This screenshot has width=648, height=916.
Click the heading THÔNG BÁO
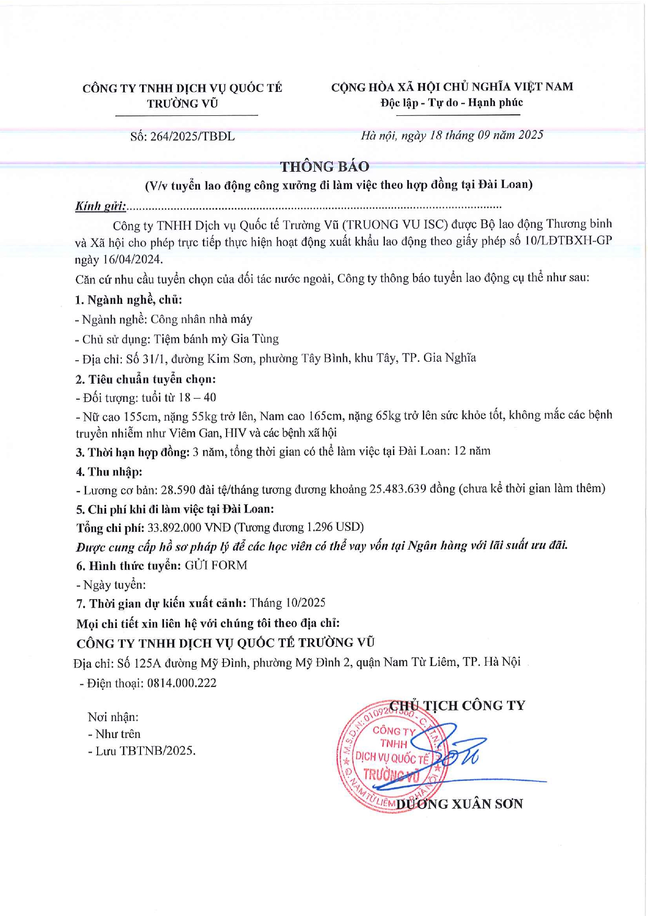(324, 166)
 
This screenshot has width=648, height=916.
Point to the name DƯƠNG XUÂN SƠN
(460, 804)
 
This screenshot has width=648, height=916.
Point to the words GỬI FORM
(216, 565)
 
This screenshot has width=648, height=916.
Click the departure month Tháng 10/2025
(288, 603)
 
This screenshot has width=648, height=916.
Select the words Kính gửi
(100, 206)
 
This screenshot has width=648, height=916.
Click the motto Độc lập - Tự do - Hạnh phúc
(452, 103)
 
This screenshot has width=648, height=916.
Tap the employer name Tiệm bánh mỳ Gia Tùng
(216, 339)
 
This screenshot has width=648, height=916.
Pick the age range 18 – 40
(197, 398)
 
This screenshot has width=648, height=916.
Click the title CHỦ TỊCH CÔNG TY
(457, 706)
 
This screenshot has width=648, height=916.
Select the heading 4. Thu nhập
(109, 471)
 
